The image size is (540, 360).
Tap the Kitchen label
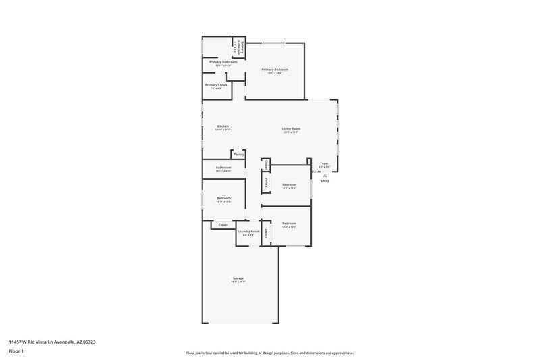pos(223,126)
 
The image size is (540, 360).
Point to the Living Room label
pos(291,128)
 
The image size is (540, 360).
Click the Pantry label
pos(239,155)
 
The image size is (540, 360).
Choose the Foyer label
pos(324,163)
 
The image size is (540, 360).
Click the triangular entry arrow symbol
pos(325,174)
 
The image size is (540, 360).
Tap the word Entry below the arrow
pos(325,180)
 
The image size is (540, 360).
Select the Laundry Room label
pos(248,232)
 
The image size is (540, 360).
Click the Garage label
pos(238,278)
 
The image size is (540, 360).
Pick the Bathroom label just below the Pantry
pos(223,168)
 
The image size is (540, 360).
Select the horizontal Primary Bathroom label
pos(223,62)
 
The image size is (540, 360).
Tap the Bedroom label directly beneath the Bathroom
pos(223,198)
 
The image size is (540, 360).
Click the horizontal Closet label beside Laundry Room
pos(223,224)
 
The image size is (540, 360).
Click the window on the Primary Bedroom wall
pos(273,44)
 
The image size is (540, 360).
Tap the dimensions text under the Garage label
pos(238,282)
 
